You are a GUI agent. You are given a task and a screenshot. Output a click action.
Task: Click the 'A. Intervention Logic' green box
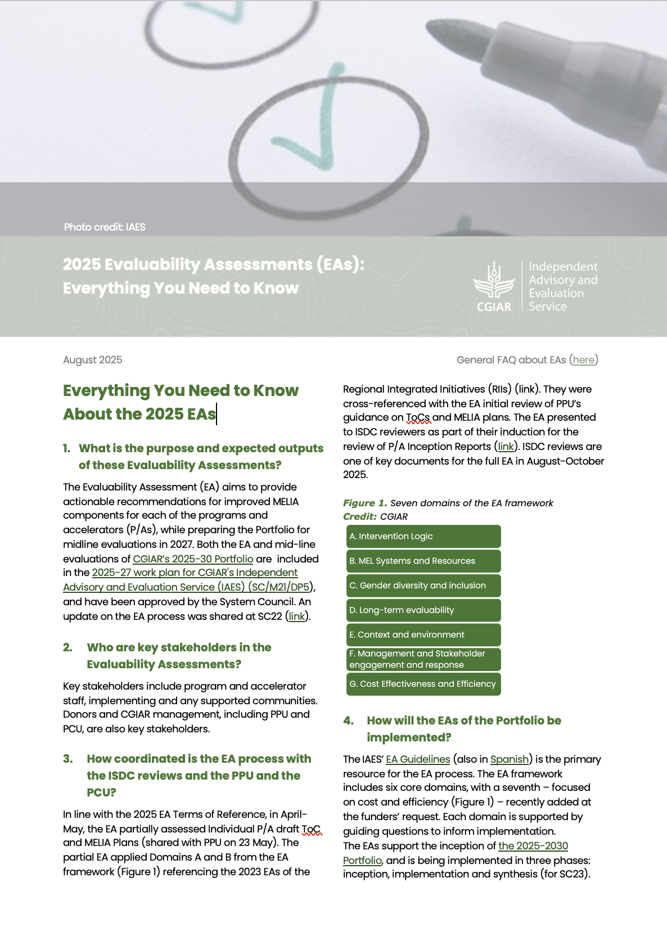point(423,536)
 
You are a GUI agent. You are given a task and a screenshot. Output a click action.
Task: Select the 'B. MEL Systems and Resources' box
point(423,561)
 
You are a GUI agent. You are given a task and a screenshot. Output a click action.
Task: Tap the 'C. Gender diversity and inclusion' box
point(423,586)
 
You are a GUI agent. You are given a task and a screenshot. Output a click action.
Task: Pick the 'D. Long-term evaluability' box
point(423,610)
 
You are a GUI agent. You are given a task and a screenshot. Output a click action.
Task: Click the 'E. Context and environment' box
point(423,634)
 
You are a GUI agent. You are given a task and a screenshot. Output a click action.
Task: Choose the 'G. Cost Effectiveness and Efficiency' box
point(423,684)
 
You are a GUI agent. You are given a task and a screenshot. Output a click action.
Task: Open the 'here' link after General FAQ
point(583,360)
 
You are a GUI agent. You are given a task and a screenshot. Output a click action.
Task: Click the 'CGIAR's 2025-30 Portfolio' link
point(193,559)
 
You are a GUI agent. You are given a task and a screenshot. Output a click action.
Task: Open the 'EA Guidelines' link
point(418,759)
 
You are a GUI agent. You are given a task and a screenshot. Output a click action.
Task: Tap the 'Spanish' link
point(509,759)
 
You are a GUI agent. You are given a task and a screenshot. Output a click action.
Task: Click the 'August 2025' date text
point(92,360)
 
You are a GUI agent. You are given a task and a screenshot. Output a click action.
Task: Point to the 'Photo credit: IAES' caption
point(105,227)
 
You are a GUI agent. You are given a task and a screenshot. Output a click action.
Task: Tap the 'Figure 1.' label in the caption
point(365,503)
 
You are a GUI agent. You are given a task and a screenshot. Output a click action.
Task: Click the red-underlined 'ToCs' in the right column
point(418,418)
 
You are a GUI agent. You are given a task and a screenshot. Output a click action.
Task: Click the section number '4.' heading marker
point(349,721)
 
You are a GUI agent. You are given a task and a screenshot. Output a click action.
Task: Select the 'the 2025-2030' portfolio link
point(533,846)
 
